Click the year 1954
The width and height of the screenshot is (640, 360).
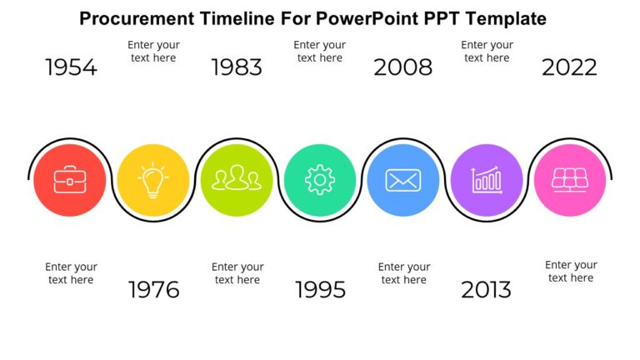[71, 67]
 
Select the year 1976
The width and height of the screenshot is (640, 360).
[153, 290]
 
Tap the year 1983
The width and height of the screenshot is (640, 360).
[237, 67]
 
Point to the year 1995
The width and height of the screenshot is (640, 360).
[320, 290]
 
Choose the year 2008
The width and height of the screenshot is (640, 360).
[402, 67]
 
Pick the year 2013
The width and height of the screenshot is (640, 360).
[486, 290]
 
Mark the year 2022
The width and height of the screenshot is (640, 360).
[569, 67]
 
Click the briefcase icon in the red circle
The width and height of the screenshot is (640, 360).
[70, 180]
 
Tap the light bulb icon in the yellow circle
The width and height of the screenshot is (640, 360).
[152, 180]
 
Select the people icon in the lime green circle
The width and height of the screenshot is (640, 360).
[237, 179]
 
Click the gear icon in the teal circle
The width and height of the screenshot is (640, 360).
[320, 180]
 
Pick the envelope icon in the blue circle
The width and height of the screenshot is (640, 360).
[403, 180]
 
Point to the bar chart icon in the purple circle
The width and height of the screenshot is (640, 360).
[487, 180]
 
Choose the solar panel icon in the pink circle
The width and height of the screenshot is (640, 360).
[570, 180]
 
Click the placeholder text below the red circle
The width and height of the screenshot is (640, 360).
[71, 273]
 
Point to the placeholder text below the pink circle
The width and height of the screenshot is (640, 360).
[571, 271]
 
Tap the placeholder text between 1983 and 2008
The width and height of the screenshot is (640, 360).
[320, 51]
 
